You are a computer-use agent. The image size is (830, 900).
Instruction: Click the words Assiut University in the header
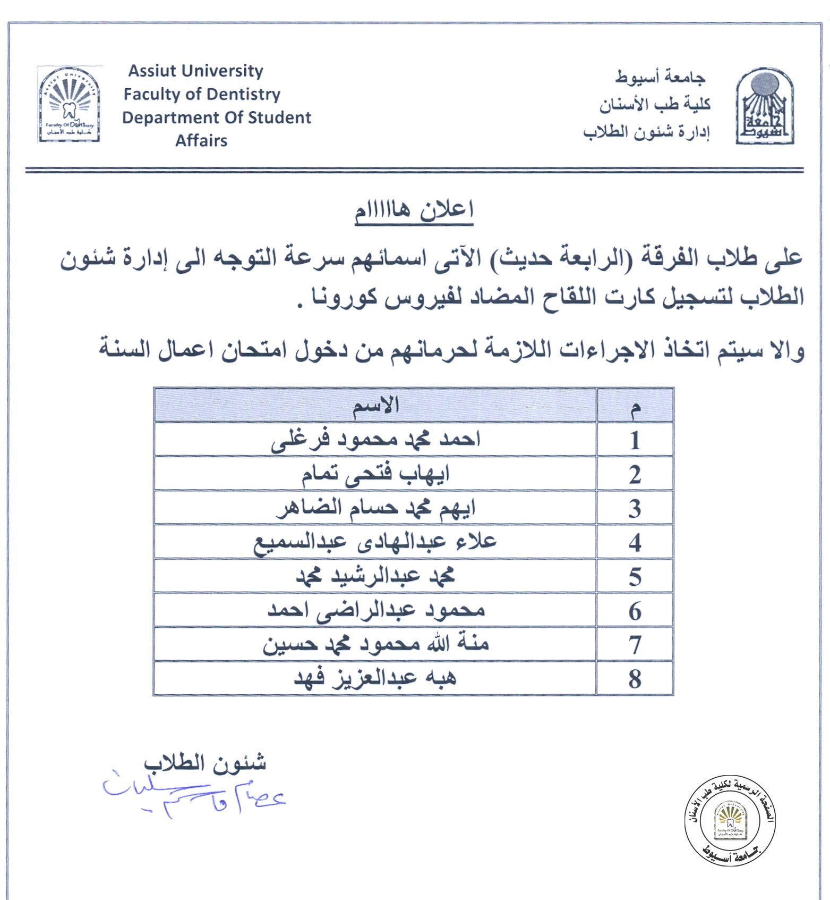[195, 71]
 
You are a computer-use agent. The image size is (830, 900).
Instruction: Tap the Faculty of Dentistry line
[202, 94]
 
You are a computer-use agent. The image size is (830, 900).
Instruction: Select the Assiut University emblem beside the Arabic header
[764, 106]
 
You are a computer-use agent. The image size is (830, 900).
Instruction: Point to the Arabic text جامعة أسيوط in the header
[660, 78]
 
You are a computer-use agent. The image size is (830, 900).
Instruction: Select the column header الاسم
[375, 406]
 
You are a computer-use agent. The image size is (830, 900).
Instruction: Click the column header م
[635, 407]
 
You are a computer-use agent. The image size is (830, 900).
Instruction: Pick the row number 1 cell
[635, 440]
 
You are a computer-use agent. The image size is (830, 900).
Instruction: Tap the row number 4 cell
[635, 542]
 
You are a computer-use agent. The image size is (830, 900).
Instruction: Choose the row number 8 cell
[635, 679]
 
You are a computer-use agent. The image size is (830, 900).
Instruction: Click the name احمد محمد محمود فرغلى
[375, 440]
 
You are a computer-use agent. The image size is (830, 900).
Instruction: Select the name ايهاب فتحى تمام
[375, 474]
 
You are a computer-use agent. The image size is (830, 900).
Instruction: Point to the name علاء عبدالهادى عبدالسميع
[375, 542]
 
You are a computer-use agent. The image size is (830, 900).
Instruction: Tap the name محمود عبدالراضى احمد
[375, 610]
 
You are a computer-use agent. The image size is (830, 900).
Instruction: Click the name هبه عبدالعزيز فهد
[375, 678]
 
